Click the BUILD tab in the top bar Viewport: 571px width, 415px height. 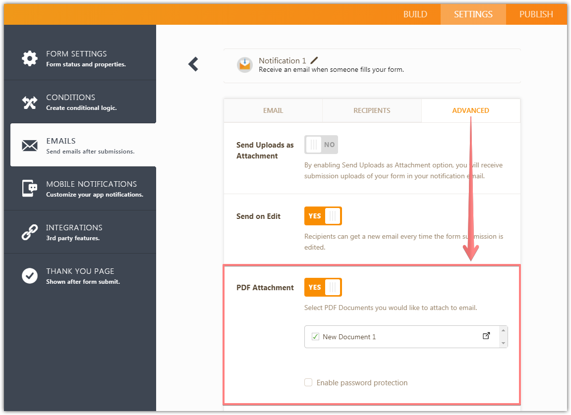click(415, 14)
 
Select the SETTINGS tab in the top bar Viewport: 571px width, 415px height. click(473, 14)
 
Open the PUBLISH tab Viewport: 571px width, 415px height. click(536, 14)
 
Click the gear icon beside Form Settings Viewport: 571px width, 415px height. click(30, 58)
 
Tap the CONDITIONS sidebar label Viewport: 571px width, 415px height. click(70, 97)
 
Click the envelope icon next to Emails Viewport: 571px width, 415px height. click(30, 146)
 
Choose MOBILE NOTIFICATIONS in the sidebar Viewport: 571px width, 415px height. click(91, 184)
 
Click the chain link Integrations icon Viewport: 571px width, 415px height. click(30, 232)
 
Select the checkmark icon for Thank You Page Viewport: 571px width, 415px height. click(30, 276)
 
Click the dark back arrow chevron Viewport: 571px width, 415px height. click(193, 64)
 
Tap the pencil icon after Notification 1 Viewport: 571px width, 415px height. click(314, 60)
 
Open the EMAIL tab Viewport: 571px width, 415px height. click(273, 110)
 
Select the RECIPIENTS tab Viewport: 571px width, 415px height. click(372, 110)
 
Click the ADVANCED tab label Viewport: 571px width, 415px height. click(470, 110)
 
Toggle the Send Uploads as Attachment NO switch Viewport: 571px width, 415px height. click(321, 145)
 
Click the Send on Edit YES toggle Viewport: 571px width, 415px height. click(323, 216)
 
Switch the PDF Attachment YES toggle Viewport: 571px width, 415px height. click(323, 287)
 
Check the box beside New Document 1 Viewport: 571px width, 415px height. click(315, 337)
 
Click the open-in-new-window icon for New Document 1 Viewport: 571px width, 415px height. click(486, 336)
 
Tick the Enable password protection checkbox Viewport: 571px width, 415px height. click(308, 382)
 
